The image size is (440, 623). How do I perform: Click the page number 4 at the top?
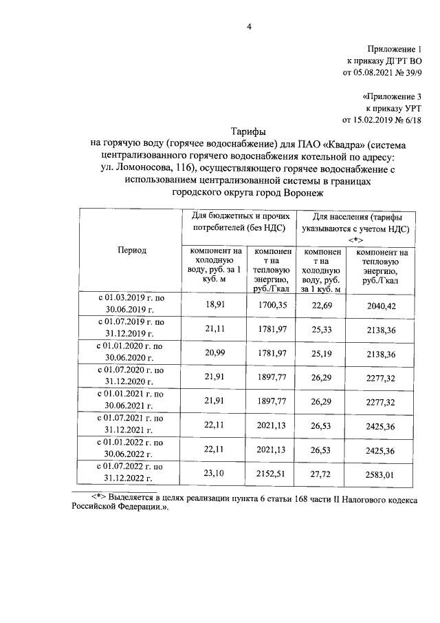(250, 28)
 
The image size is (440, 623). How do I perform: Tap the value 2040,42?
(381, 304)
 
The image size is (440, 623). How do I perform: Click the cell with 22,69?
(320, 304)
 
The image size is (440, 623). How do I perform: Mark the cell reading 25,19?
(320, 353)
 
